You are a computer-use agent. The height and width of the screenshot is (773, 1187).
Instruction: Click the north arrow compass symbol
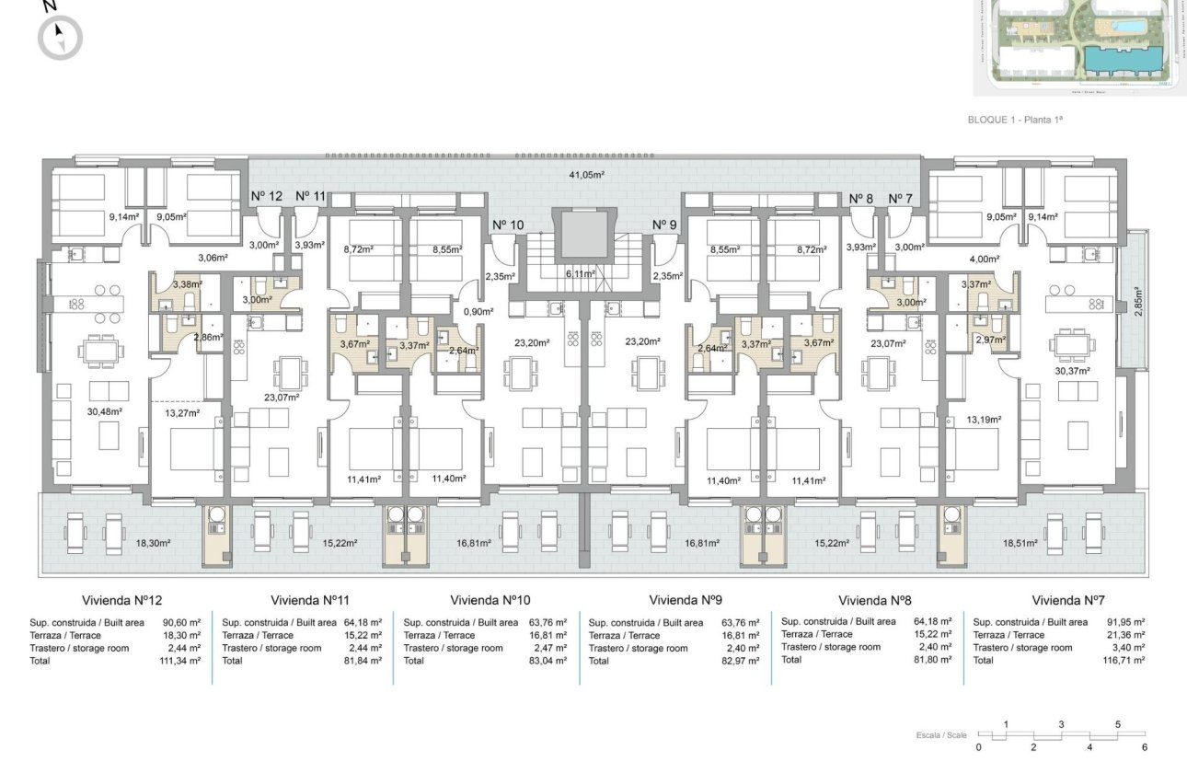pyautogui.click(x=60, y=38)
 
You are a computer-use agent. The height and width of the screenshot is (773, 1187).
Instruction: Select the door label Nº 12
pyautogui.click(x=267, y=195)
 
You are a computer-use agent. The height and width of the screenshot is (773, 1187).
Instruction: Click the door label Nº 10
pyautogui.click(x=508, y=225)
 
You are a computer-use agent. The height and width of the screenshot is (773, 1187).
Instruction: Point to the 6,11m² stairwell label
pyautogui.click(x=582, y=273)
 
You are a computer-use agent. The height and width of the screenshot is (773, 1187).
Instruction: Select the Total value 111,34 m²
pyautogui.click(x=179, y=661)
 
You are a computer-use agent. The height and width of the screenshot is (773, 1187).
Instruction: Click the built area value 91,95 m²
pyautogui.click(x=1124, y=622)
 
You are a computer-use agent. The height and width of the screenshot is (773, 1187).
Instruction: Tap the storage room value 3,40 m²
pyautogui.click(x=1127, y=648)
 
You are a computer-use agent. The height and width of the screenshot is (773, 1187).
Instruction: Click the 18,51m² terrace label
pyautogui.click(x=1020, y=543)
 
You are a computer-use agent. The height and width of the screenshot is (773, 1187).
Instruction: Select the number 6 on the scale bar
pyautogui.click(x=1145, y=746)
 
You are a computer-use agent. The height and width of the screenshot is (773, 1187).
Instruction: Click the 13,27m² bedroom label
pyautogui.click(x=183, y=412)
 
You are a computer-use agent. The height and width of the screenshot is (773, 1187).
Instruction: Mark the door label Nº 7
pyautogui.click(x=901, y=199)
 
